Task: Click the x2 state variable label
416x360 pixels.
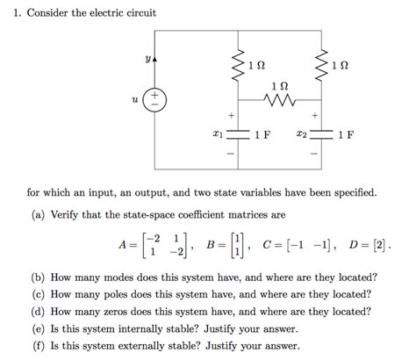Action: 302,135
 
